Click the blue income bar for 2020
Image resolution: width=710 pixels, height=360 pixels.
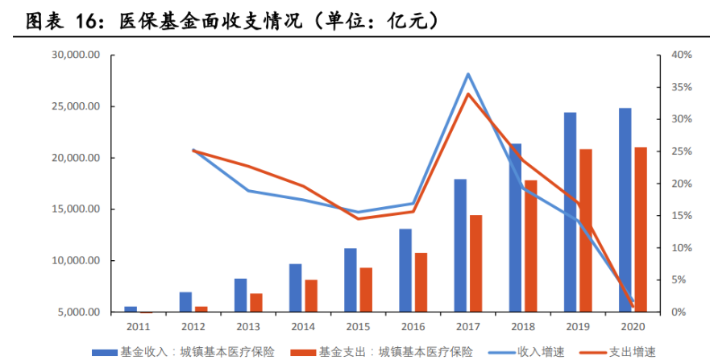point(625,209)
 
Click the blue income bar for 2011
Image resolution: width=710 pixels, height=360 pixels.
point(131,309)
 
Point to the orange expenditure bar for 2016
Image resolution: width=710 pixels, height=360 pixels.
point(421,282)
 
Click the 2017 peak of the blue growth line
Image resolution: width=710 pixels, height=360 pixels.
point(468,74)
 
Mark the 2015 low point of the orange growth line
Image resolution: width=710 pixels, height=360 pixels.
point(358,218)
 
